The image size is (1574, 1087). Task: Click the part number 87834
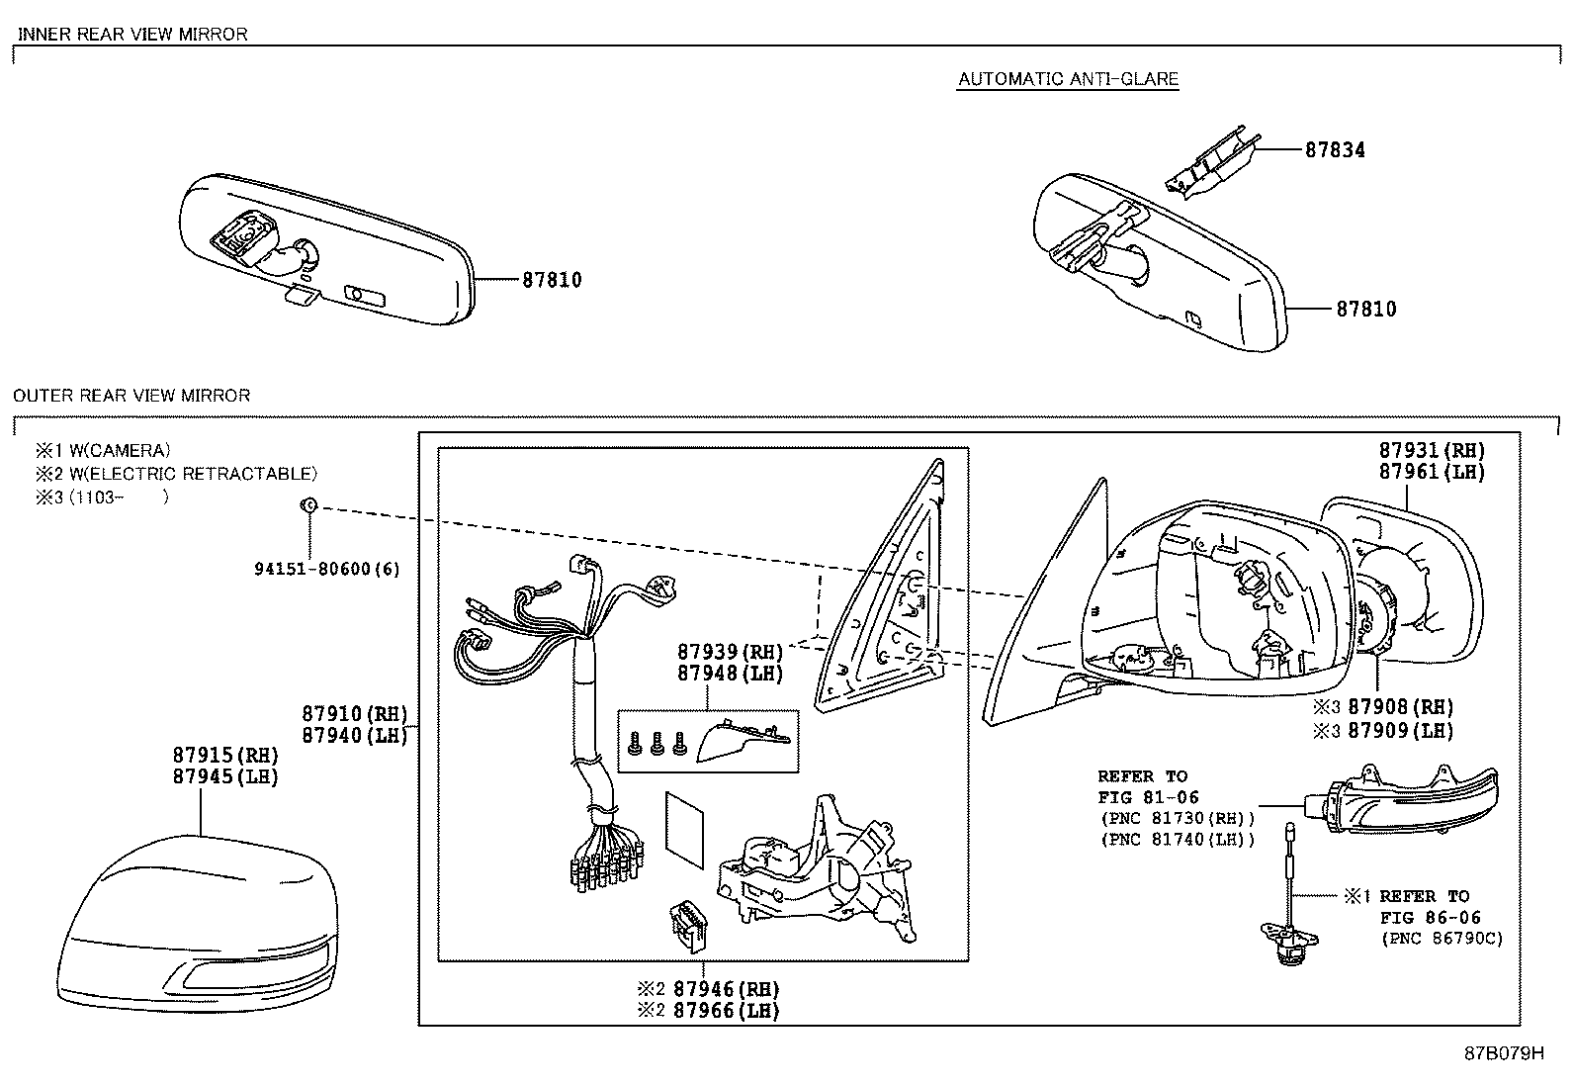point(1335,150)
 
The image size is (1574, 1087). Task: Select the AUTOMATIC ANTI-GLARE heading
point(1068,79)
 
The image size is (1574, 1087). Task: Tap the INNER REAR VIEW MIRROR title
point(132,34)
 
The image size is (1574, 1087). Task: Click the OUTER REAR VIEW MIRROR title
point(131,396)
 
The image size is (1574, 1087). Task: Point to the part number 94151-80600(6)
point(327,569)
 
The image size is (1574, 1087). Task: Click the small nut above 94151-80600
point(308,505)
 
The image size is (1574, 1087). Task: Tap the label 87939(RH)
point(730,652)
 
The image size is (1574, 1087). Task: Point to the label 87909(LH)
point(1401,731)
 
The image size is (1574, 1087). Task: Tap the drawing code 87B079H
point(1504,1053)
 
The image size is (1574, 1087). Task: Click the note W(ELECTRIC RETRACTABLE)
point(193,474)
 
